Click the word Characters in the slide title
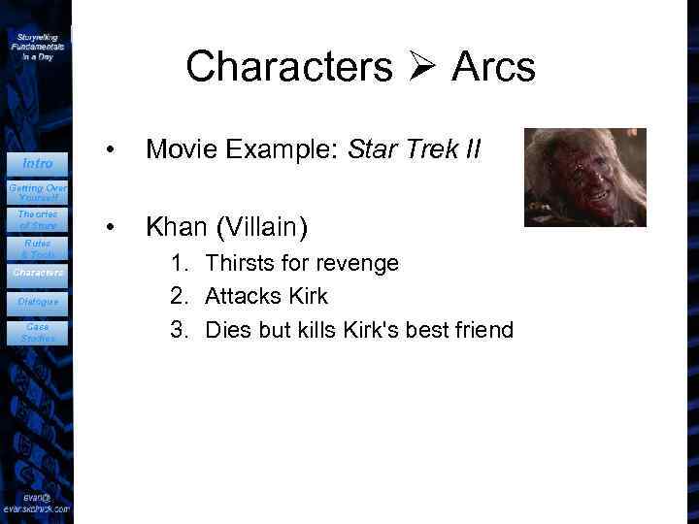point(289,67)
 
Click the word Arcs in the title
point(492,67)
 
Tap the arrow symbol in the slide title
point(422,68)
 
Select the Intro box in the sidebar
point(37,163)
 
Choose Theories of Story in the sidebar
point(37,219)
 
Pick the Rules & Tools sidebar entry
point(37,248)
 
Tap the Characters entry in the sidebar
point(37,274)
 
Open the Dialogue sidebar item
point(37,302)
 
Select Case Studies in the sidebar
point(37,332)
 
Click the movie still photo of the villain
point(584,177)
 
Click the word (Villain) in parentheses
point(261,227)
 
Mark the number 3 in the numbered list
point(178,330)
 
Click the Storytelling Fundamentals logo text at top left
point(37,46)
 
